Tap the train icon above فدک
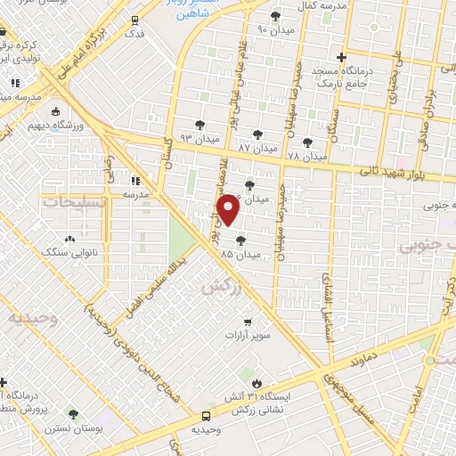point(134,19)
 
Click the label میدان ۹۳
point(198,138)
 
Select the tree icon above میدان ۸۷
point(258,134)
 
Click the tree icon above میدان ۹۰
point(275,15)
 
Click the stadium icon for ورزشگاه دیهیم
point(56,112)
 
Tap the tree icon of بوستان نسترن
point(73,414)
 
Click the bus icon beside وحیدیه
point(207,415)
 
